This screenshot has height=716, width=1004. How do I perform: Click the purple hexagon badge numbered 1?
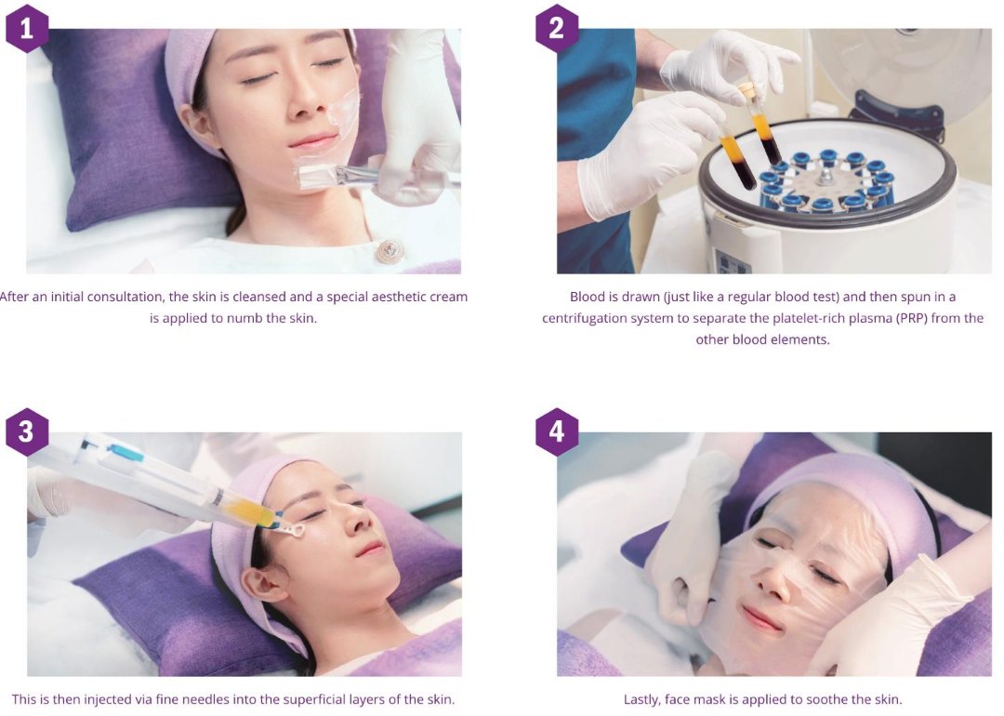click(26, 29)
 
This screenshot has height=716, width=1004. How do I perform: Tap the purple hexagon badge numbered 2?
click(557, 29)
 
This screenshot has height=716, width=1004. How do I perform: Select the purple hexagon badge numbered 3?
click(26, 431)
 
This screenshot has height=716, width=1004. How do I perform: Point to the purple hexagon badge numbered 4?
click(557, 431)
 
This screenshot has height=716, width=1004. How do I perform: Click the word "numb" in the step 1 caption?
click(242, 318)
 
